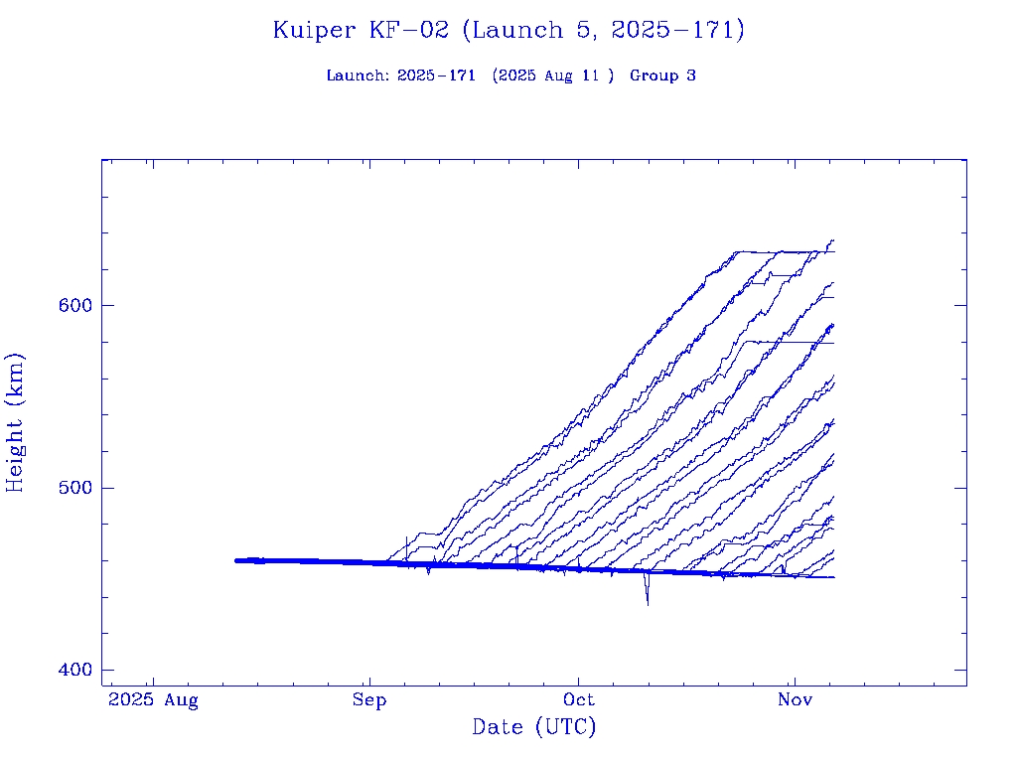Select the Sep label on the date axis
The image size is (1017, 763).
[369, 700]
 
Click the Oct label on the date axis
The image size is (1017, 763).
[579, 700]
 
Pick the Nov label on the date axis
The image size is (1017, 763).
[794, 700]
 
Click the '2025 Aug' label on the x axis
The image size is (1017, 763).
[153, 700]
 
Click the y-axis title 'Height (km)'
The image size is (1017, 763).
[16, 422]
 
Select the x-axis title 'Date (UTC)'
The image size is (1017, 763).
[533, 727]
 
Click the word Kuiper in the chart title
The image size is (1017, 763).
[314, 30]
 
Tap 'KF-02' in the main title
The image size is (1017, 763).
[407, 30]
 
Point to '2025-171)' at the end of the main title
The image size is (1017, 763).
[677, 30]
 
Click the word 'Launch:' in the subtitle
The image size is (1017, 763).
[358, 76]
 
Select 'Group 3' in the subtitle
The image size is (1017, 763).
[662, 76]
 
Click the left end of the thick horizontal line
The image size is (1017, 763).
[235, 560]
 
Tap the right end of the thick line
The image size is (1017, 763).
[833, 577]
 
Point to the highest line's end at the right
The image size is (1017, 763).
[833, 240]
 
